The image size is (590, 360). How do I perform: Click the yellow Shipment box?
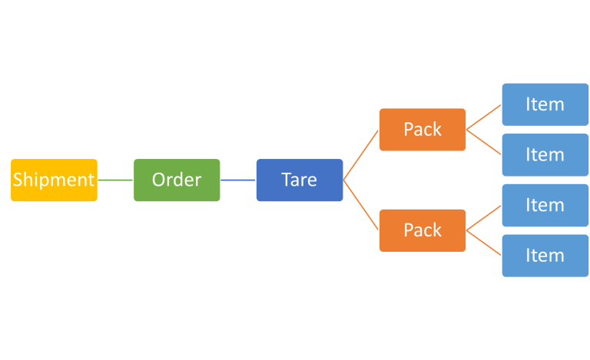point(54,180)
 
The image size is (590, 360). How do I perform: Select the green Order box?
point(177,180)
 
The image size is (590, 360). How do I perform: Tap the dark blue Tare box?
point(300,180)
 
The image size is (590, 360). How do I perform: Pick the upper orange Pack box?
point(423,130)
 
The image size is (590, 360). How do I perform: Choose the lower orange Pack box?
point(423,230)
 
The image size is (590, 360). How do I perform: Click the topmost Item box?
point(545,104)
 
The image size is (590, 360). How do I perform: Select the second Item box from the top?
point(545,155)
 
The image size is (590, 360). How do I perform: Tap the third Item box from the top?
point(545,206)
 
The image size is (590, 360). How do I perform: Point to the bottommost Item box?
point(545,256)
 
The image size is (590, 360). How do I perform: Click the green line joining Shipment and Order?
point(115,180)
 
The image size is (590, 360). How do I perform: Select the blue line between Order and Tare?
point(238,180)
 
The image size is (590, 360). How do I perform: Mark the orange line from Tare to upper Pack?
point(361,155)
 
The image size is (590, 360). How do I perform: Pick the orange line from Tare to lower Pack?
point(361,206)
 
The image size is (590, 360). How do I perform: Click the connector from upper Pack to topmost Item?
point(484,117)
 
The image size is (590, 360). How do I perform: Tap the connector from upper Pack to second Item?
point(484,142)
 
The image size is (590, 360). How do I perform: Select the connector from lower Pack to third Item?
point(484,218)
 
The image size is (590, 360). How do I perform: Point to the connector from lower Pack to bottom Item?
point(484,243)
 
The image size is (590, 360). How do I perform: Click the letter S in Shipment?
point(18,180)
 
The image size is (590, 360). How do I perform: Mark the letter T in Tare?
point(287,180)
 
